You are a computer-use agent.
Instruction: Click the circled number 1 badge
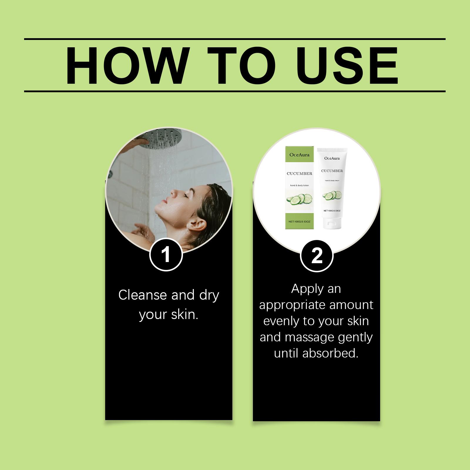(x=166, y=255)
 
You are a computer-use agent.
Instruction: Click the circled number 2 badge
(x=316, y=255)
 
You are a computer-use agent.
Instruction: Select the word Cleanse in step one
(x=143, y=295)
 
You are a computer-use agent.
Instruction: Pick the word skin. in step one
(x=184, y=314)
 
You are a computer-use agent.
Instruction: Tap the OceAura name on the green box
(x=299, y=155)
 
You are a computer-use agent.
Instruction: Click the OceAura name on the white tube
(x=332, y=158)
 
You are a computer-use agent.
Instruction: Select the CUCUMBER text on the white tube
(x=332, y=171)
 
